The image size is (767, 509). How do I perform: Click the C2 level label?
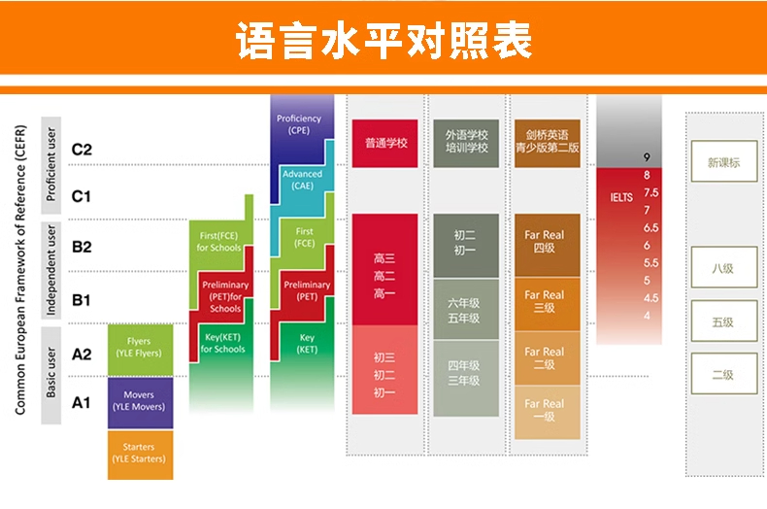pyautogui.click(x=82, y=150)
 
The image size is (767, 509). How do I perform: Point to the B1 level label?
pyautogui.click(x=82, y=300)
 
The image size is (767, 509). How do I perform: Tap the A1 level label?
pyautogui.click(x=82, y=403)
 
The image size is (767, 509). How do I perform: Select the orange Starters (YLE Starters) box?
pyautogui.click(x=141, y=455)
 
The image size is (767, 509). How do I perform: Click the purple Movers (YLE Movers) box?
pyautogui.click(x=141, y=402)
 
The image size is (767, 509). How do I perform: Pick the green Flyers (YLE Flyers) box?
pyautogui.click(x=141, y=350)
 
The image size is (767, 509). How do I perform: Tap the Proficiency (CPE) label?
pyautogui.click(x=299, y=124)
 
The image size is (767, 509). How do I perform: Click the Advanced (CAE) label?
pyautogui.click(x=302, y=180)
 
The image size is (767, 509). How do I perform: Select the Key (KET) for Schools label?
pyautogui.click(x=222, y=343)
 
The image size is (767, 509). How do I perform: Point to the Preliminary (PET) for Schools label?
pyautogui.click(x=225, y=296)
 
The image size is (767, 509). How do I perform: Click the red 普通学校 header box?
pyautogui.click(x=385, y=143)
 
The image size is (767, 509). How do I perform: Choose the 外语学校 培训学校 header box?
pyautogui.click(x=466, y=143)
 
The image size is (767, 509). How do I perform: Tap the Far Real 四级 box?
pyautogui.click(x=548, y=245)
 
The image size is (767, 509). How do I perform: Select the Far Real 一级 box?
pyautogui.click(x=548, y=412)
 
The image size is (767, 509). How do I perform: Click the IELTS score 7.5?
pyautogui.click(x=651, y=192)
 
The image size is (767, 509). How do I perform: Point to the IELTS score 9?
pyautogui.click(x=647, y=157)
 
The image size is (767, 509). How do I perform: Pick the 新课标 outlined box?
pyautogui.click(x=724, y=161)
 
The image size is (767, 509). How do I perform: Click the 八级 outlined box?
pyautogui.click(x=724, y=267)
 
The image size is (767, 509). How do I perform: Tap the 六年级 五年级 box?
pyautogui.click(x=466, y=309)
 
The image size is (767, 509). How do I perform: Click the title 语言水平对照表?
pyautogui.click(x=384, y=40)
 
